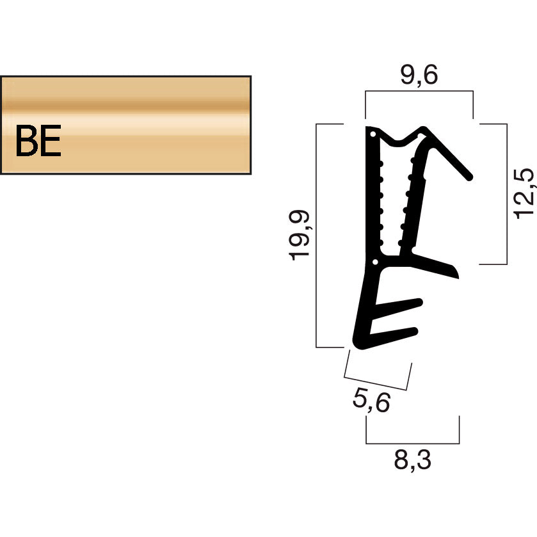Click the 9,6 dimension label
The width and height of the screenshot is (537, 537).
[x=419, y=76]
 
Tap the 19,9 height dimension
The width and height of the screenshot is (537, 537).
[x=300, y=235]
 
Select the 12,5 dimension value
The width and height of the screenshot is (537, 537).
[x=524, y=193]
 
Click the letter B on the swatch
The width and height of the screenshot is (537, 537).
[x=26, y=141]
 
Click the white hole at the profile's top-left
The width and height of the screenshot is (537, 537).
[x=371, y=134]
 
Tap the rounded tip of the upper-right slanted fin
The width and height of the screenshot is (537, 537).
[x=469, y=174]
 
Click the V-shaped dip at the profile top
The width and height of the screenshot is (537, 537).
[x=400, y=141]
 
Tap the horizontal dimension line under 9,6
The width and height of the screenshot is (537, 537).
[x=419, y=93]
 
